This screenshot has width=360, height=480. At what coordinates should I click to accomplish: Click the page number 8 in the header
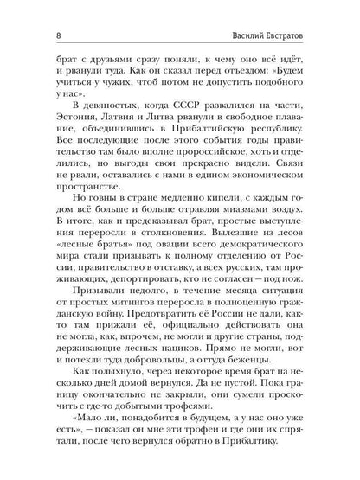(32, 13)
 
